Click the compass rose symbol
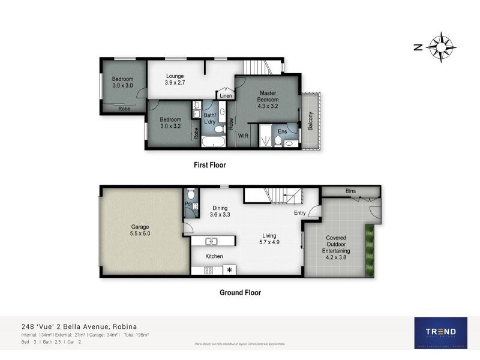[x=443, y=47]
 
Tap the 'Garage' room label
[x=140, y=230]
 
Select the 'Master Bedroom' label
[x=267, y=97]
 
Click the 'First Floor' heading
[x=209, y=165]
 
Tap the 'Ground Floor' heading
[x=240, y=293]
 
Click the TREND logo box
[x=440, y=332]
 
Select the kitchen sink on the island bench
[x=211, y=241]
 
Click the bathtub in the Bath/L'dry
[x=212, y=142]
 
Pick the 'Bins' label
[x=350, y=191]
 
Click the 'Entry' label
[x=300, y=213]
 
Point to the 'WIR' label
[x=244, y=136]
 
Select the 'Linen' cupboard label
[x=226, y=96]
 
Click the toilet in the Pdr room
[x=190, y=194]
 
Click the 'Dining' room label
[x=219, y=209]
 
